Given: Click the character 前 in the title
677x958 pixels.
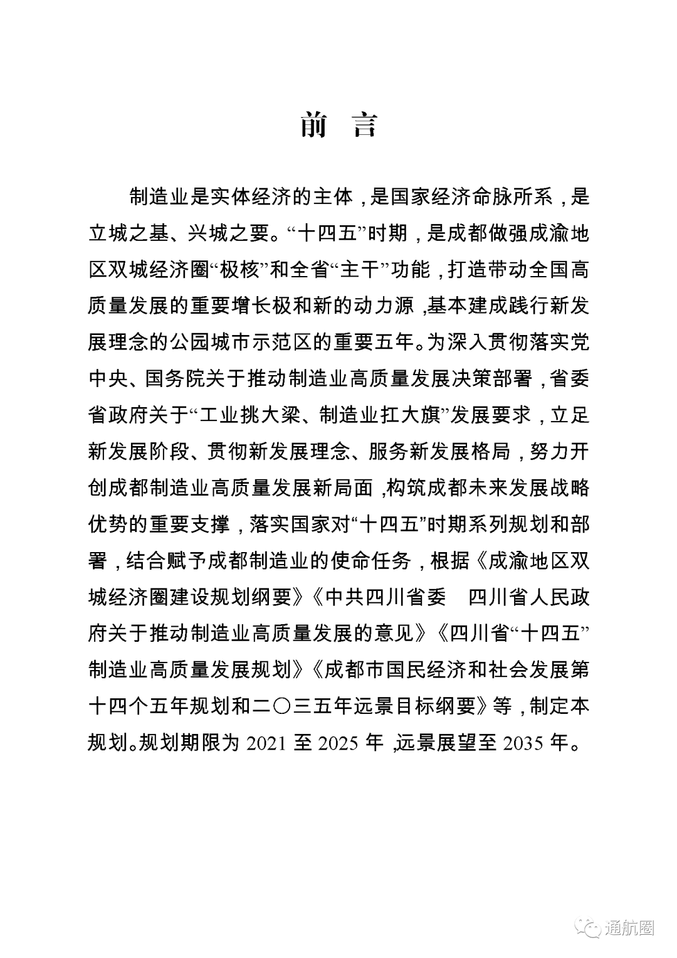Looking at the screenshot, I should [314, 124].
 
